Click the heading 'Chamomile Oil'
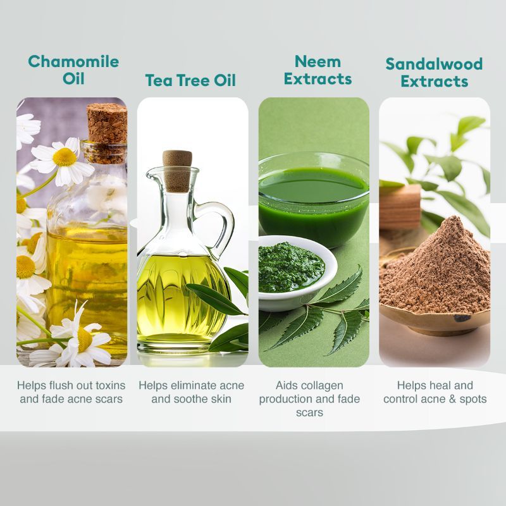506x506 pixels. pyautogui.click(x=73, y=70)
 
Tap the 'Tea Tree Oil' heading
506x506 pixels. pyautogui.click(x=190, y=80)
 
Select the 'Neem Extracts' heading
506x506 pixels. pyautogui.click(x=318, y=70)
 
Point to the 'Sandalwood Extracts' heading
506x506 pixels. pyautogui.click(x=434, y=72)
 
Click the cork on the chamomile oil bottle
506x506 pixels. pyautogui.click(x=107, y=123)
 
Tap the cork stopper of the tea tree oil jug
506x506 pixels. pyautogui.click(x=177, y=171)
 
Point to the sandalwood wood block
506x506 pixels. pyautogui.click(x=400, y=207)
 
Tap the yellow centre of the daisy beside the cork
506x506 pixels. pyautogui.click(x=65, y=157)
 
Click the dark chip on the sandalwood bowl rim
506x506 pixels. pyautogui.click(x=462, y=318)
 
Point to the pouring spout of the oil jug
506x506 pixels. pyautogui.click(x=152, y=175)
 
